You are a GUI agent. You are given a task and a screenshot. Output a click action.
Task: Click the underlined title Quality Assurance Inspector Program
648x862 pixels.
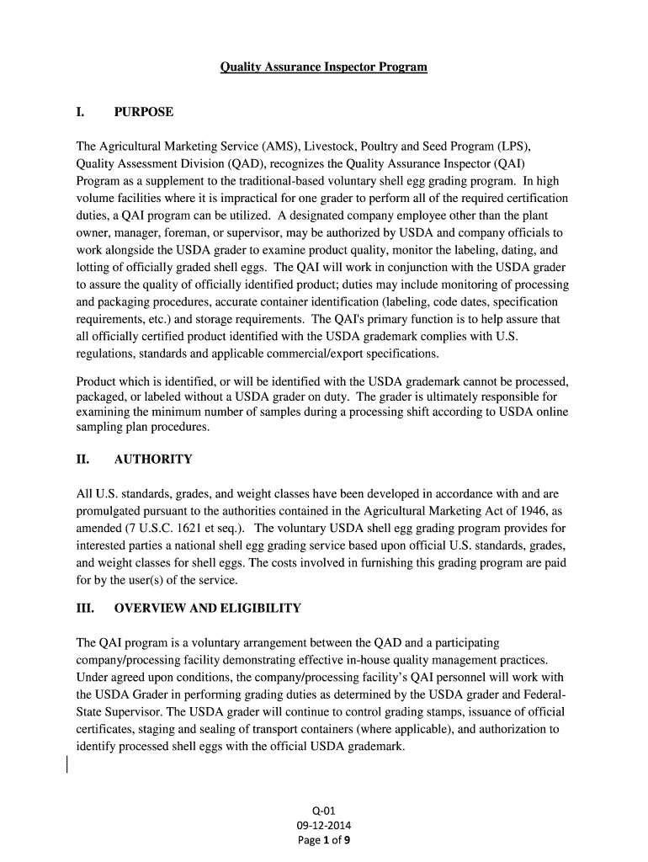324,67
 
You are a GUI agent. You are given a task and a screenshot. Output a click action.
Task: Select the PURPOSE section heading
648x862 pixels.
144,113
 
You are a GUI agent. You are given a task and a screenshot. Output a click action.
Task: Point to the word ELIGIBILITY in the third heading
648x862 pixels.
252,608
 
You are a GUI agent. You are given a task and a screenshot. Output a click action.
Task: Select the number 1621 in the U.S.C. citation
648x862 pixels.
183,529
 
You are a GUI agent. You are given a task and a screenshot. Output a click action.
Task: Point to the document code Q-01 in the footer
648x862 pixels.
324,811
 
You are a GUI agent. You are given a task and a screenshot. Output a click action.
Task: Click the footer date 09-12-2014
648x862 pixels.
324,826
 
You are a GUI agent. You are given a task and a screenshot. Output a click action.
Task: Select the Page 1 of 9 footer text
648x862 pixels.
324,841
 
